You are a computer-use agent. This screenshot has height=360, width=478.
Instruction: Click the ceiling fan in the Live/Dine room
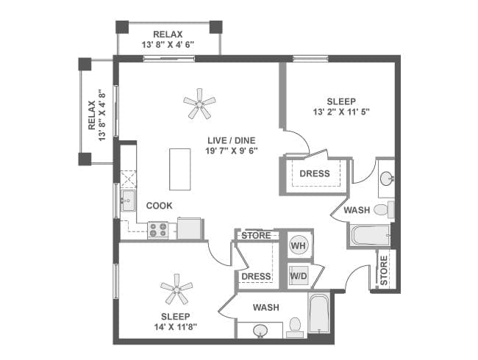[199, 104]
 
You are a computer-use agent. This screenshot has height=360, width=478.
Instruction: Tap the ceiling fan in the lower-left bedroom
[176, 289]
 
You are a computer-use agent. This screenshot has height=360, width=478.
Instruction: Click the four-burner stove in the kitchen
[158, 230]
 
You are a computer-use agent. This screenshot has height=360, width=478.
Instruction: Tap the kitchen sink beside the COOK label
[128, 201]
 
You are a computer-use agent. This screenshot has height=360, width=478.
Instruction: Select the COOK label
[159, 206]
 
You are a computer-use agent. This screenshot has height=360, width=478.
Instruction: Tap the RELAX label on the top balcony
[168, 34]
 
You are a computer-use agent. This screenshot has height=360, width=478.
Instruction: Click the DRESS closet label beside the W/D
[257, 276]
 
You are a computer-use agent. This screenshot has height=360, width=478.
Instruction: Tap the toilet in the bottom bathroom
[296, 325]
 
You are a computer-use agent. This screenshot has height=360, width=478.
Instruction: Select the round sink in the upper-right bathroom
[387, 178]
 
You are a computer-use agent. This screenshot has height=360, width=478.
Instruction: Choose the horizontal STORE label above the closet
[256, 236]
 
